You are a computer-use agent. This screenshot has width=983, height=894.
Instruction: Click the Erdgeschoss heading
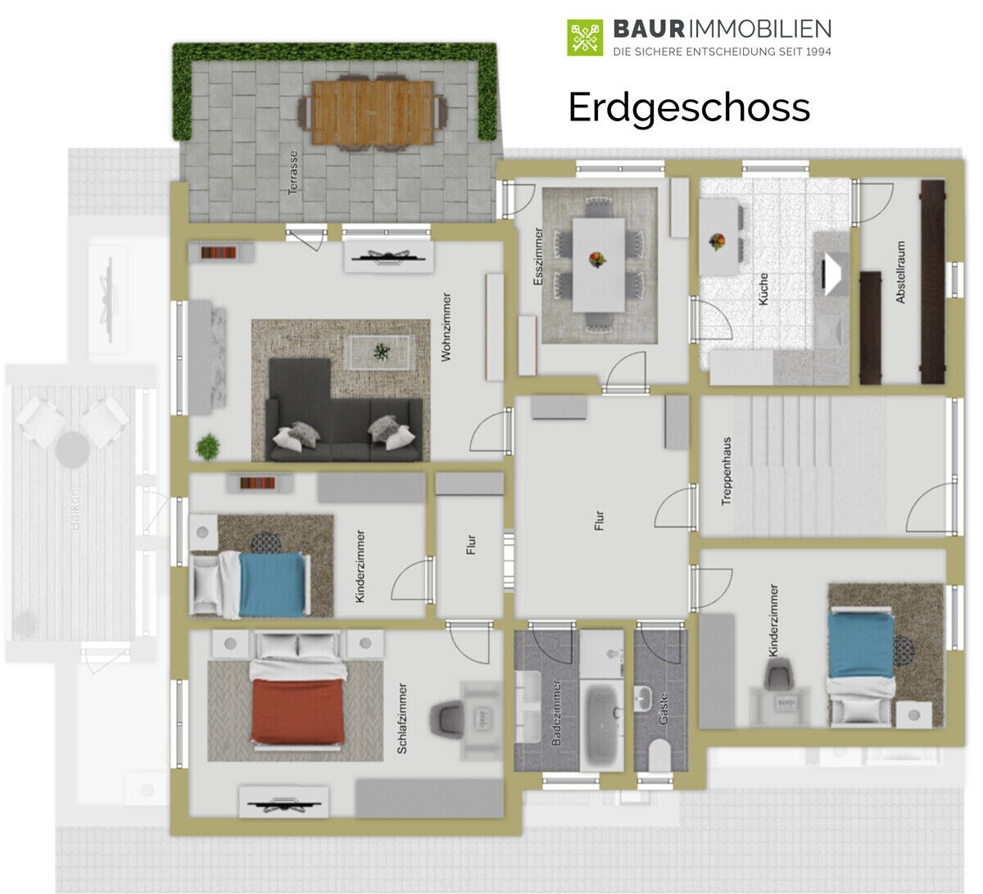[x=688, y=108]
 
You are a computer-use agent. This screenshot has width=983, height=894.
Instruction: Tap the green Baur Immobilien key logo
[x=585, y=38]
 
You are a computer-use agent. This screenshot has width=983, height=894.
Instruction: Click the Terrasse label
[x=292, y=173]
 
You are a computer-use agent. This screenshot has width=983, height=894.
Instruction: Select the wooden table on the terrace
[x=373, y=113]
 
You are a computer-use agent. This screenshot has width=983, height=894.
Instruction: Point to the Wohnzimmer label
[x=446, y=327]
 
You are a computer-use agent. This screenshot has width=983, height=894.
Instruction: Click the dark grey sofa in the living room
[x=343, y=412]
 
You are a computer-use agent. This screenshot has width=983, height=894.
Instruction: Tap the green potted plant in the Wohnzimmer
[x=208, y=447]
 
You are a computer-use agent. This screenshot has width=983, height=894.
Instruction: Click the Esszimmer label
[x=538, y=256]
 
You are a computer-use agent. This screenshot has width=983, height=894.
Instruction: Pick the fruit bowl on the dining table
[x=597, y=259]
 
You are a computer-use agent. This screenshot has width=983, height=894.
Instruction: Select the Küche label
[x=763, y=288]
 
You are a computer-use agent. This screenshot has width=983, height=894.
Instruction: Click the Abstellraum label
[x=900, y=272]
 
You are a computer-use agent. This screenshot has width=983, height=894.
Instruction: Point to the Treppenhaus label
[x=727, y=471]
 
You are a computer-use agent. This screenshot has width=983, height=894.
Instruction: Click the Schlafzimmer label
[x=402, y=719]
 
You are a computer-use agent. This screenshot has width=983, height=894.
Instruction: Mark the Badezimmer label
[x=555, y=713]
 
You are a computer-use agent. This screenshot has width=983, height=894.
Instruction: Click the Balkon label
[x=74, y=509]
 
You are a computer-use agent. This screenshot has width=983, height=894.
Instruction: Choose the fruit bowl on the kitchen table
[x=717, y=241]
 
